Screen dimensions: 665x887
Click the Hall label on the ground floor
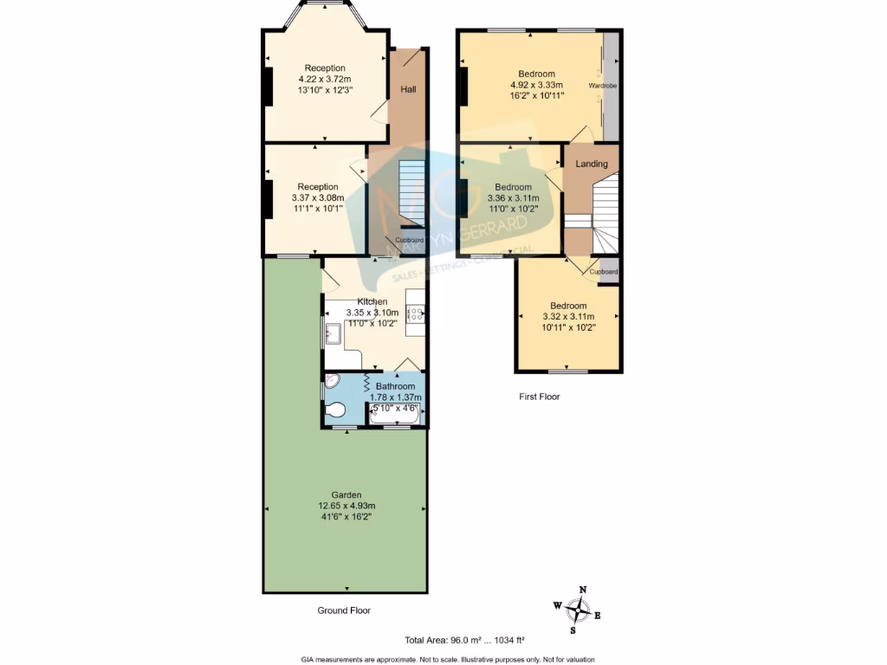(407, 89)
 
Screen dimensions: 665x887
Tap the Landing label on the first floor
(592, 164)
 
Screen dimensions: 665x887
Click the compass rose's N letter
(583, 590)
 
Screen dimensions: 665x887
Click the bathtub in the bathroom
(396, 415)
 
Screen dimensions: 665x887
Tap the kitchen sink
(333, 332)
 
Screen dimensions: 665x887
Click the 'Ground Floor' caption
(344, 610)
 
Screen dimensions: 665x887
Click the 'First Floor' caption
(539, 397)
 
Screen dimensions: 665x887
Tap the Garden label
(345, 495)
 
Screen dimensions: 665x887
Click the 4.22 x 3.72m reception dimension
(325, 79)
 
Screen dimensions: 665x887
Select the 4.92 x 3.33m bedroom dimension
(536, 85)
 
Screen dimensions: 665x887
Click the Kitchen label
(372, 301)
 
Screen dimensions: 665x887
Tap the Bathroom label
(395, 386)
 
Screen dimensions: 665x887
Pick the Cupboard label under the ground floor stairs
(410, 240)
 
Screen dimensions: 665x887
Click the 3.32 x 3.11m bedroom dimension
(568, 317)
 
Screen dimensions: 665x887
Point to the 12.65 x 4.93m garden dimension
(345, 507)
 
